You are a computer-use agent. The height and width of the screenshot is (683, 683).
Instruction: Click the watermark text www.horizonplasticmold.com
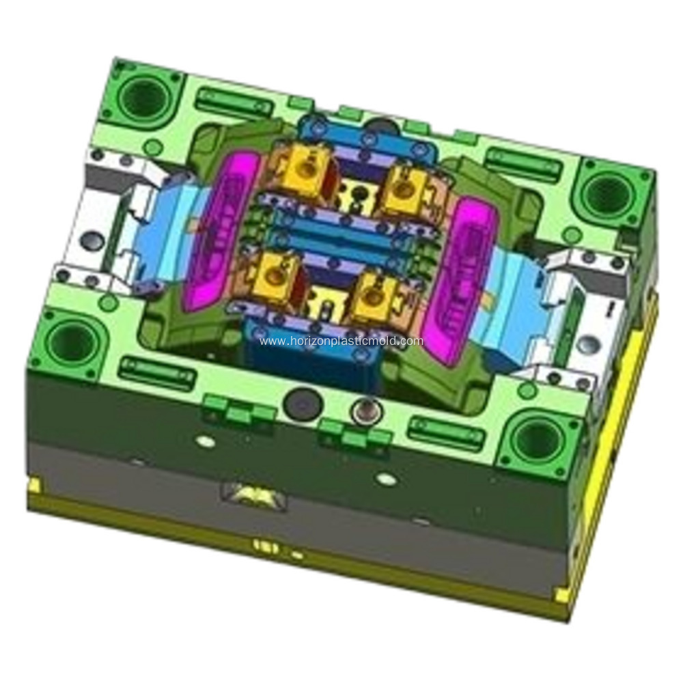click(341, 341)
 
